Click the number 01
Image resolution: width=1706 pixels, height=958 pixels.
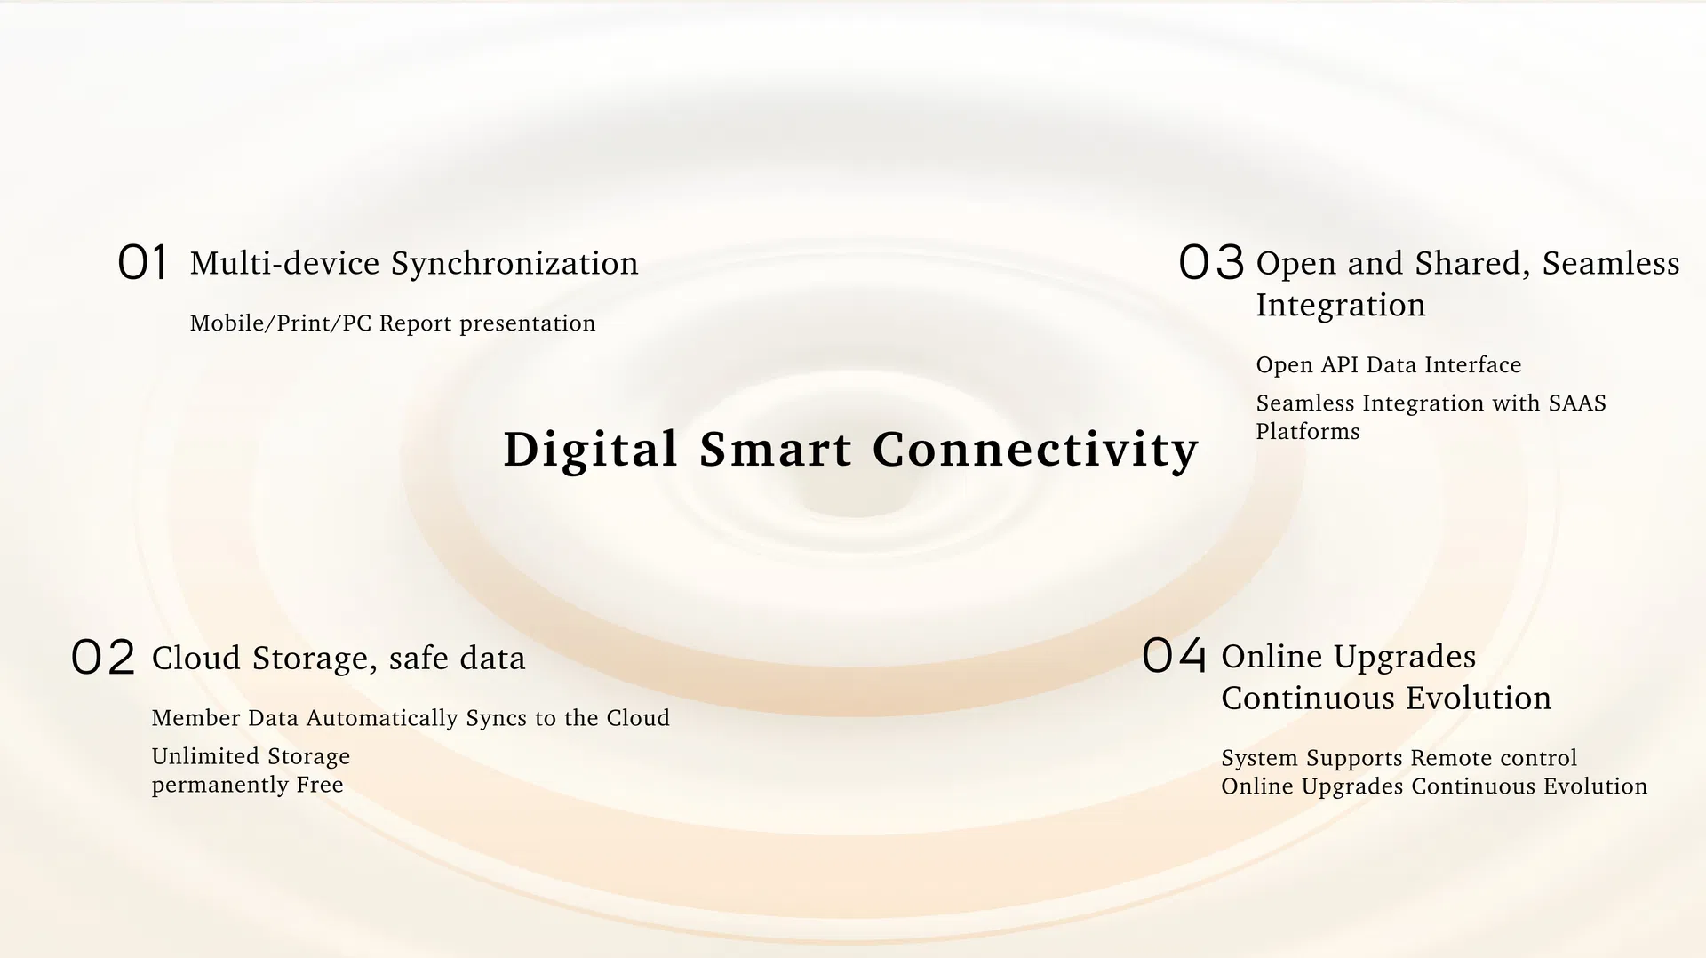(x=142, y=263)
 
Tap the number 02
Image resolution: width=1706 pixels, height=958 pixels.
(x=103, y=658)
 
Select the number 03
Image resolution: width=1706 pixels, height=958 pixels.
(x=1210, y=263)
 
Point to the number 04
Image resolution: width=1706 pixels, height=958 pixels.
(x=1174, y=656)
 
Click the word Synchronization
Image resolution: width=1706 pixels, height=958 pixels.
(x=514, y=264)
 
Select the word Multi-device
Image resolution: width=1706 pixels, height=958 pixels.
(x=285, y=263)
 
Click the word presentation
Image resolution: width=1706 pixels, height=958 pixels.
(x=528, y=324)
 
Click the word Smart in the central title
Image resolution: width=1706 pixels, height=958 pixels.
(x=776, y=450)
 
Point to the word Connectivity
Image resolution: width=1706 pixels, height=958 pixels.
(x=1036, y=450)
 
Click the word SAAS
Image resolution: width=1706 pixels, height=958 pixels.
(x=1577, y=403)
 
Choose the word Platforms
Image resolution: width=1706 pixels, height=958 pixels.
(x=1308, y=432)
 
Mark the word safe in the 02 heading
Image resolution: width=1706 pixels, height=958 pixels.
(x=419, y=659)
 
